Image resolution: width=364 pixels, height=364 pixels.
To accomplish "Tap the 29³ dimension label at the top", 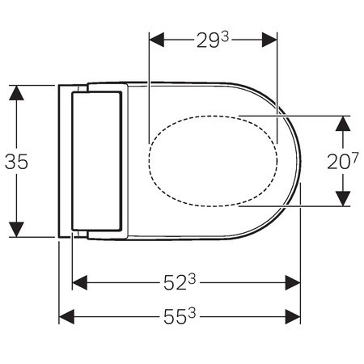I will [212, 38].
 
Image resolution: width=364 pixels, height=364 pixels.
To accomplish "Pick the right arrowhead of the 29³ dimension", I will [270, 38].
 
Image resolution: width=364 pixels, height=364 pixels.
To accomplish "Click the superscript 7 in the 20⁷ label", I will [354, 155].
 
